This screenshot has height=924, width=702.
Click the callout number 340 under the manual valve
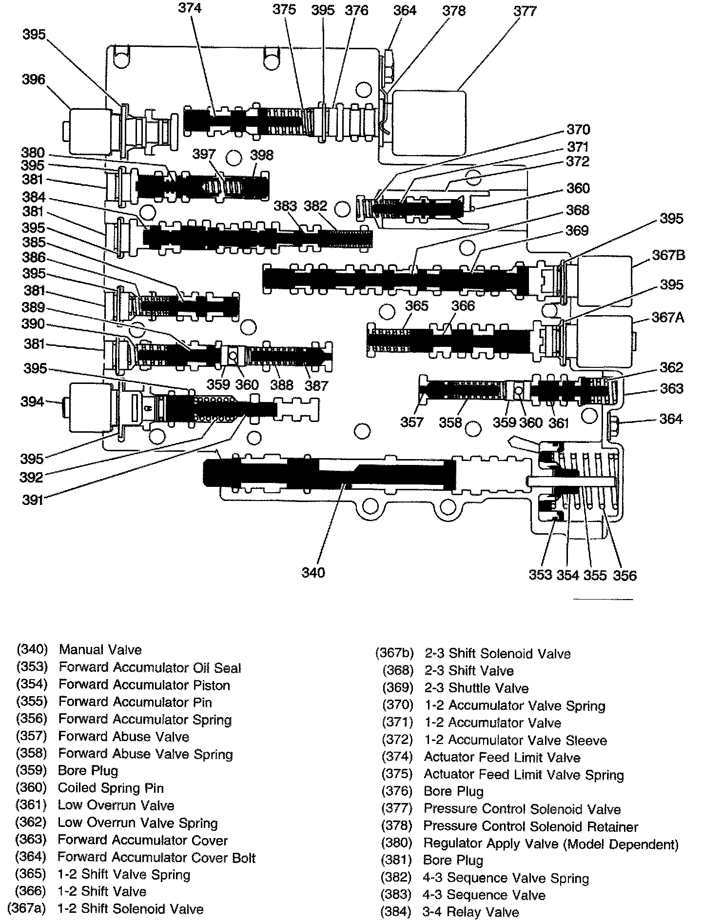(313, 572)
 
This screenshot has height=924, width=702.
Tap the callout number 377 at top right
(525, 11)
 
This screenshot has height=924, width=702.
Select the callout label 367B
(668, 255)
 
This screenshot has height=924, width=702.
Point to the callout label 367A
(668, 318)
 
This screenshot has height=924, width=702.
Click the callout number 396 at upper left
(33, 79)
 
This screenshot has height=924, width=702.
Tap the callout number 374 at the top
(190, 8)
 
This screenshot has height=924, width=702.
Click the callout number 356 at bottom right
(625, 575)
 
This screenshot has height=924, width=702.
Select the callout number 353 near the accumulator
(540, 575)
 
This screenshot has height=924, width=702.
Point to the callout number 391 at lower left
(32, 500)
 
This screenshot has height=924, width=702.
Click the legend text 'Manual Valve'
(100, 650)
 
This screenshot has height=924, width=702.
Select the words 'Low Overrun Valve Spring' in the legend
(137, 823)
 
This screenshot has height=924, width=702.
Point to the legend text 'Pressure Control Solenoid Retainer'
(531, 827)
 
